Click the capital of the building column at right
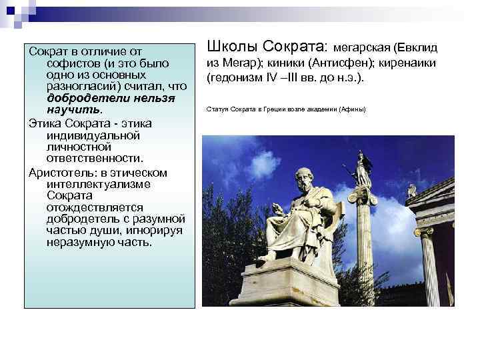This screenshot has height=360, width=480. click(x=426, y=231)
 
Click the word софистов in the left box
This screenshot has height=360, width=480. click(x=72, y=63)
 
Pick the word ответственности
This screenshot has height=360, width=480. click(x=94, y=157)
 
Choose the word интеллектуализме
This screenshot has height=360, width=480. click(x=98, y=184)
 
